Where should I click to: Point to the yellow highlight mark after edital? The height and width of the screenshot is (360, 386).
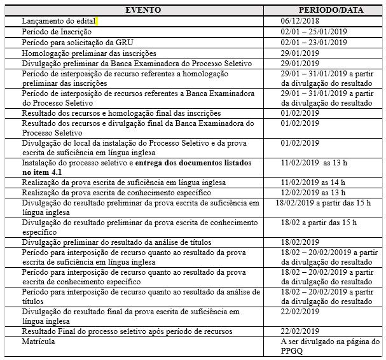97,21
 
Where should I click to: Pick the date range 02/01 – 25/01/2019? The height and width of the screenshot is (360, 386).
314,31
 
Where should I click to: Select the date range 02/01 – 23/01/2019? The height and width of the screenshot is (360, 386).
314,42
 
